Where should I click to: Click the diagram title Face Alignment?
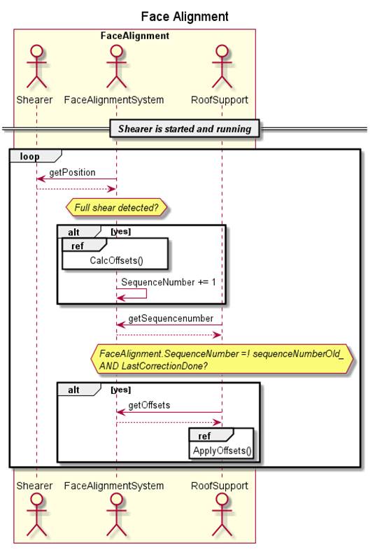185,17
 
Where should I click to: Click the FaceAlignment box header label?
135,36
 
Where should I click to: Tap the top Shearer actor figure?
36,66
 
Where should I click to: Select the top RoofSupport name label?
220,100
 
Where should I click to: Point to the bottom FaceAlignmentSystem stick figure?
116,514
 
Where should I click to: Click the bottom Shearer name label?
34,486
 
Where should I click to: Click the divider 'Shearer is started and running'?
185,129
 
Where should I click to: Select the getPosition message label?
72,172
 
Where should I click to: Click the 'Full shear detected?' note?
116,208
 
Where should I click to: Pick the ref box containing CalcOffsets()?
115,253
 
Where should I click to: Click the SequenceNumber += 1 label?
169,282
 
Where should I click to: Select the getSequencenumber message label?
171,318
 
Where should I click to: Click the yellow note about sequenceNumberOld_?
222,360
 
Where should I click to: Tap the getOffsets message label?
149,405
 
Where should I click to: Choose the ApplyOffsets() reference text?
222,451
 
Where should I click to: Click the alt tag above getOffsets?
79,389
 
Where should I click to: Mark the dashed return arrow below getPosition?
76,190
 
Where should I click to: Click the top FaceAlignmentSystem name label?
114,100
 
